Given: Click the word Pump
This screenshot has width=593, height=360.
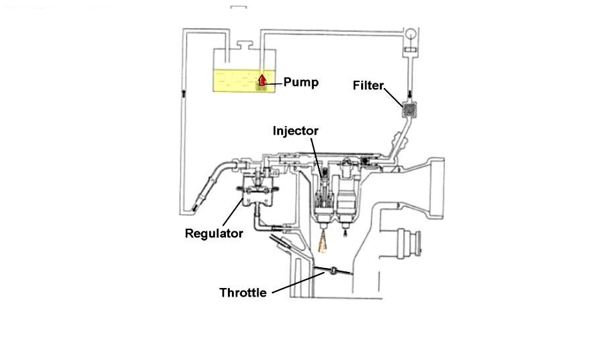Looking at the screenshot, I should coord(300,83).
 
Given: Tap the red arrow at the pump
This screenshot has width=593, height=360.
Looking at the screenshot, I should coord(263,81).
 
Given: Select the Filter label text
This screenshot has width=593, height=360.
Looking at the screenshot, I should coord(368,85).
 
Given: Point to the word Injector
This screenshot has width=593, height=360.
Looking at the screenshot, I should coord(295,131).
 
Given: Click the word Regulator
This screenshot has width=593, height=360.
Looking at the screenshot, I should coord(213,233).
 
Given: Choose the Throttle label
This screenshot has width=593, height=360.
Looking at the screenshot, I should coord(243,293).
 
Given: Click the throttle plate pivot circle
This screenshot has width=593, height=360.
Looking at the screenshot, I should coord(328,271).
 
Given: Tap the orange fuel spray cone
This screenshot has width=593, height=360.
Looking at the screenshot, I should coord(323,244).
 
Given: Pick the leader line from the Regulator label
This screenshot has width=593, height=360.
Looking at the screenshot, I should coord(233,214).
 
